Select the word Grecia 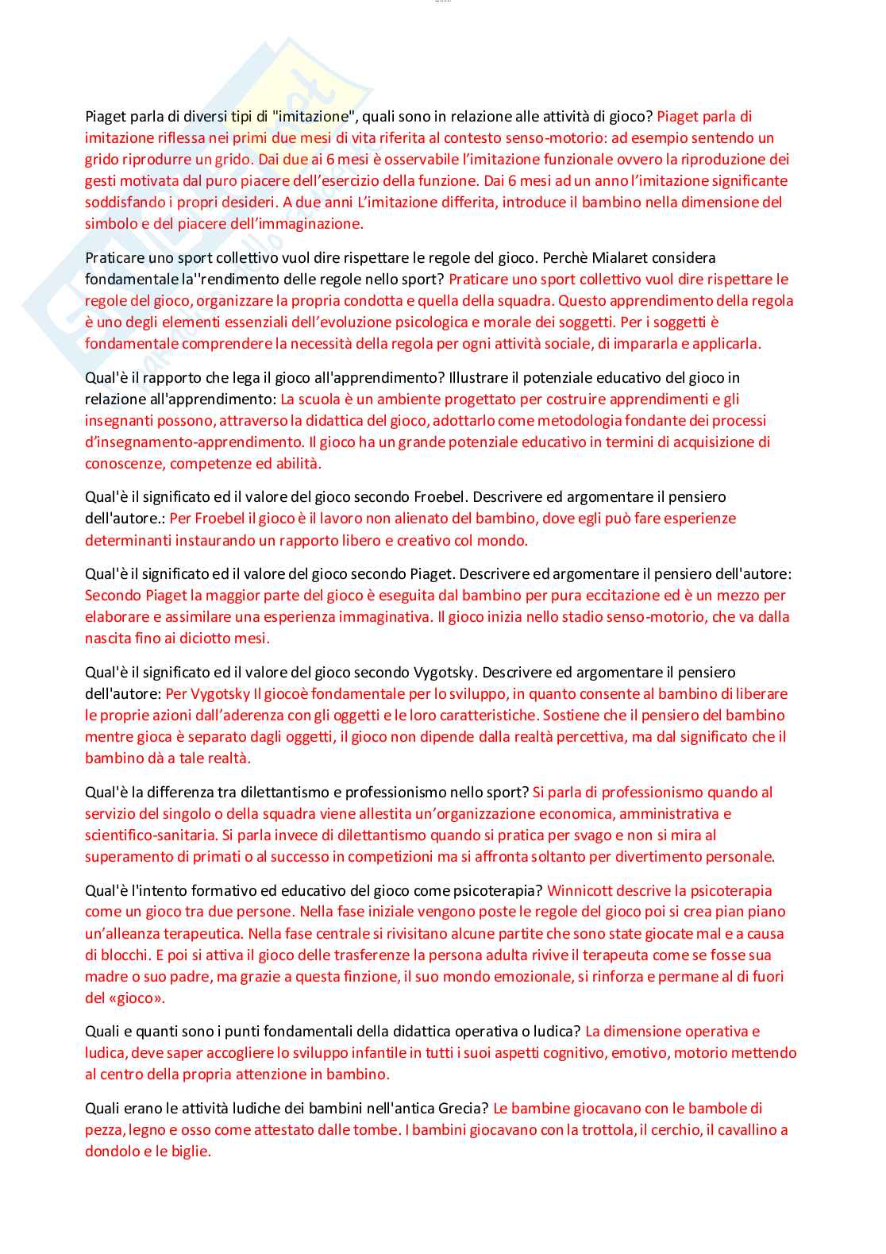pyautogui.click(x=463, y=1108)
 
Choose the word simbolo pyautogui.click(x=110, y=223)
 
